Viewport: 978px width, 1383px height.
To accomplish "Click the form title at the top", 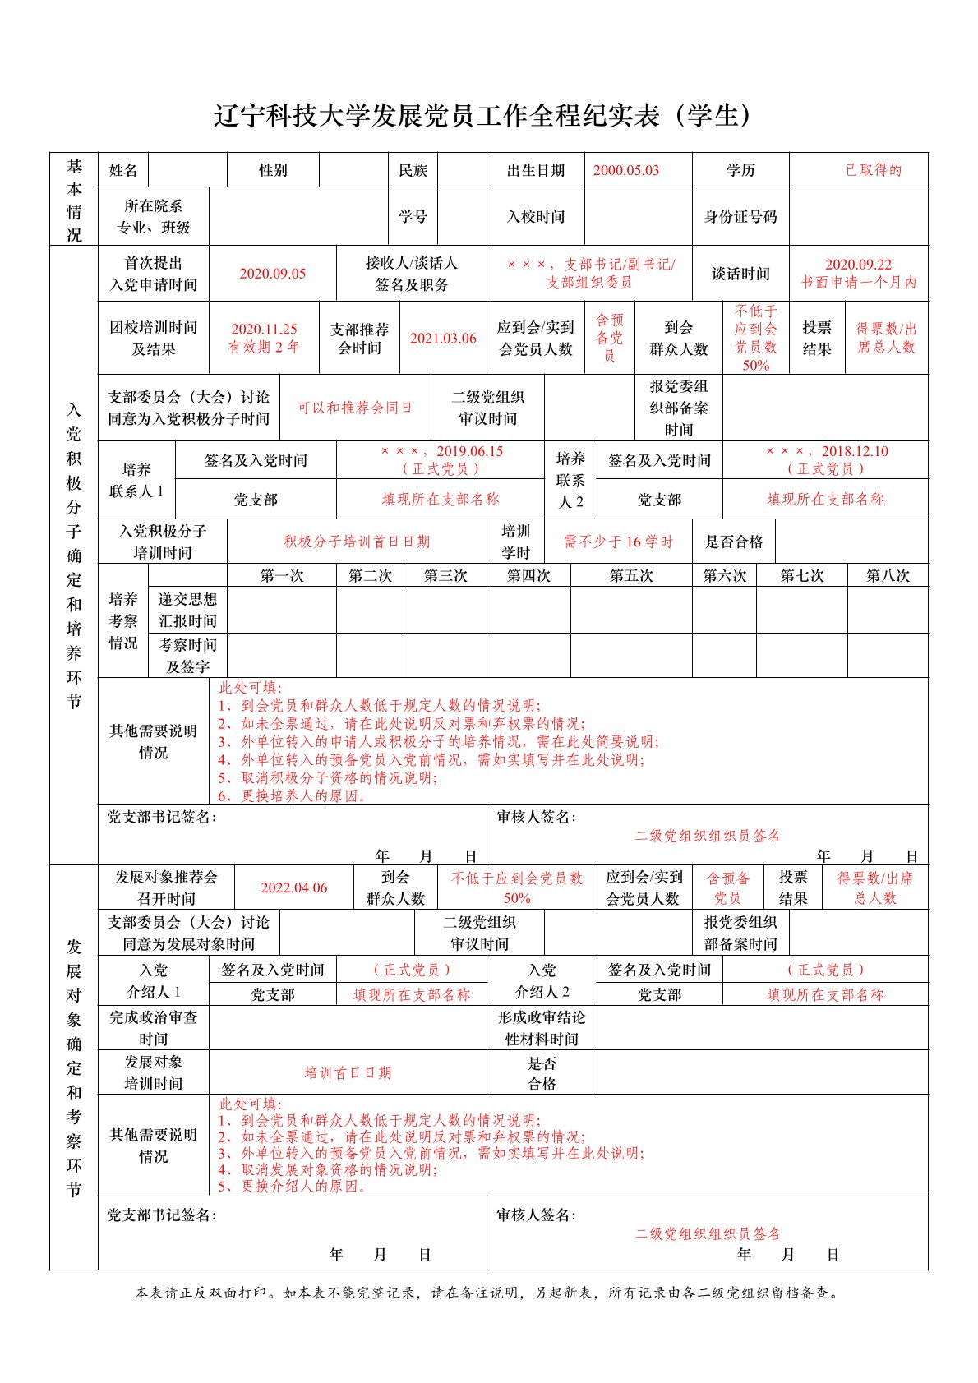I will click(483, 116).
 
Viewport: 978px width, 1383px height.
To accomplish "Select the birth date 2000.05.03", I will click(625, 170).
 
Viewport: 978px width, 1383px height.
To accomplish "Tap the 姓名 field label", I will click(123, 170).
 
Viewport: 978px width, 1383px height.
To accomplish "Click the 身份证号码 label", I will click(740, 217).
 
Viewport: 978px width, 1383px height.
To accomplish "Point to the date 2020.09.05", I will click(272, 274).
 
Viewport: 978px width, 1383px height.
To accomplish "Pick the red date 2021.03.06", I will click(443, 339).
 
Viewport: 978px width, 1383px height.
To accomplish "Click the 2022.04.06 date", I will click(293, 887).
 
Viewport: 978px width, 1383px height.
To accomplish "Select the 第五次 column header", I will click(630, 575).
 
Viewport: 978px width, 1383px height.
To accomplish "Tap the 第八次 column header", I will click(888, 575).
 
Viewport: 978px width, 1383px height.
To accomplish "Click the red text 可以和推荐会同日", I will click(354, 408).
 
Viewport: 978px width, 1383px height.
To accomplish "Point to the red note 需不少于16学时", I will click(618, 542).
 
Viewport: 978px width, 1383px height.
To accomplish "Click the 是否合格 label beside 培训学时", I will click(734, 542).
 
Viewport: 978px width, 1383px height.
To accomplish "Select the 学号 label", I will click(413, 217).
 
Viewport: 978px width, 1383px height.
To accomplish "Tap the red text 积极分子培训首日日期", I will click(357, 542).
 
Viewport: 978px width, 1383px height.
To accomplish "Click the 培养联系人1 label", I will click(136, 480).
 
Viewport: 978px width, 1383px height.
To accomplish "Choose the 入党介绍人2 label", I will click(542, 981).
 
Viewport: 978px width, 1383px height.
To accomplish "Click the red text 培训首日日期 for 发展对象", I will click(348, 1072).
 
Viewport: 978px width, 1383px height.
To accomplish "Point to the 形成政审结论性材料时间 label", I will click(542, 1028).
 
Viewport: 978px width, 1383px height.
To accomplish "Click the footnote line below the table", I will click(488, 1293).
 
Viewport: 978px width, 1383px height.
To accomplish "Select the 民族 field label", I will click(413, 170).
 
